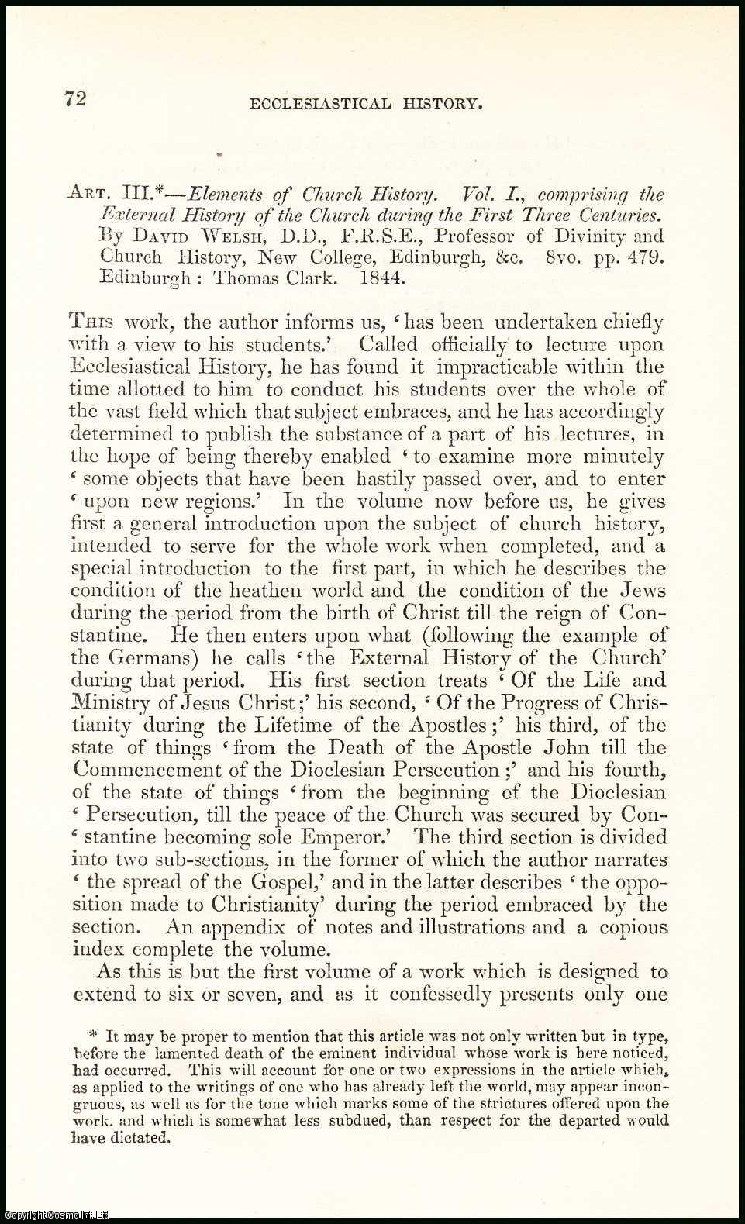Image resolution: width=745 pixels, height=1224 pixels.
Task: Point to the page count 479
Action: point(643,257)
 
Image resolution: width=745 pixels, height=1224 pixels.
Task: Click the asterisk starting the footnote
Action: point(95,1036)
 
